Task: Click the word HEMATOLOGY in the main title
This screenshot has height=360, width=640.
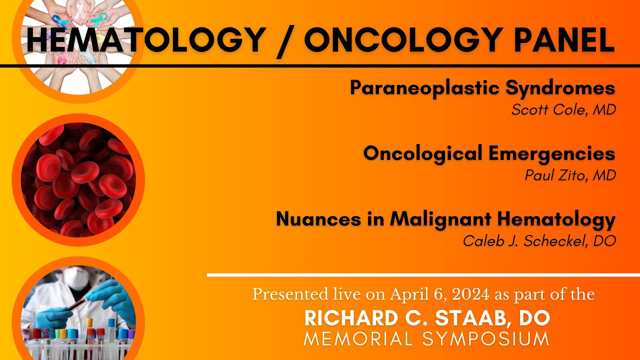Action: pyautogui.click(x=145, y=40)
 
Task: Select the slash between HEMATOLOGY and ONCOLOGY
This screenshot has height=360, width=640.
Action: pyautogui.click(x=284, y=40)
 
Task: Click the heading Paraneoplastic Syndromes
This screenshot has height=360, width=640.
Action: pyautogui.click(x=482, y=88)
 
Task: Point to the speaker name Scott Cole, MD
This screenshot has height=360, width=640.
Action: pyautogui.click(x=563, y=109)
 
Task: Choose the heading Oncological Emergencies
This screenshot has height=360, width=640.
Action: pyautogui.click(x=489, y=153)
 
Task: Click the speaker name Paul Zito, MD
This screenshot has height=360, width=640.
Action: pyautogui.click(x=570, y=175)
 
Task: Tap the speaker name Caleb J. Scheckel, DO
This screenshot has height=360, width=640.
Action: pyautogui.click(x=539, y=240)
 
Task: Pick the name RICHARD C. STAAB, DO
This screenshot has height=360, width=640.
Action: pyautogui.click(x=427, y=318)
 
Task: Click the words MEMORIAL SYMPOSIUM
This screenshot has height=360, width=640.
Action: pyautogui.click(x=427, y=339)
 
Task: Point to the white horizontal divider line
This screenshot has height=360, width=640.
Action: pyautogui.click(x=422, y=275)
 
